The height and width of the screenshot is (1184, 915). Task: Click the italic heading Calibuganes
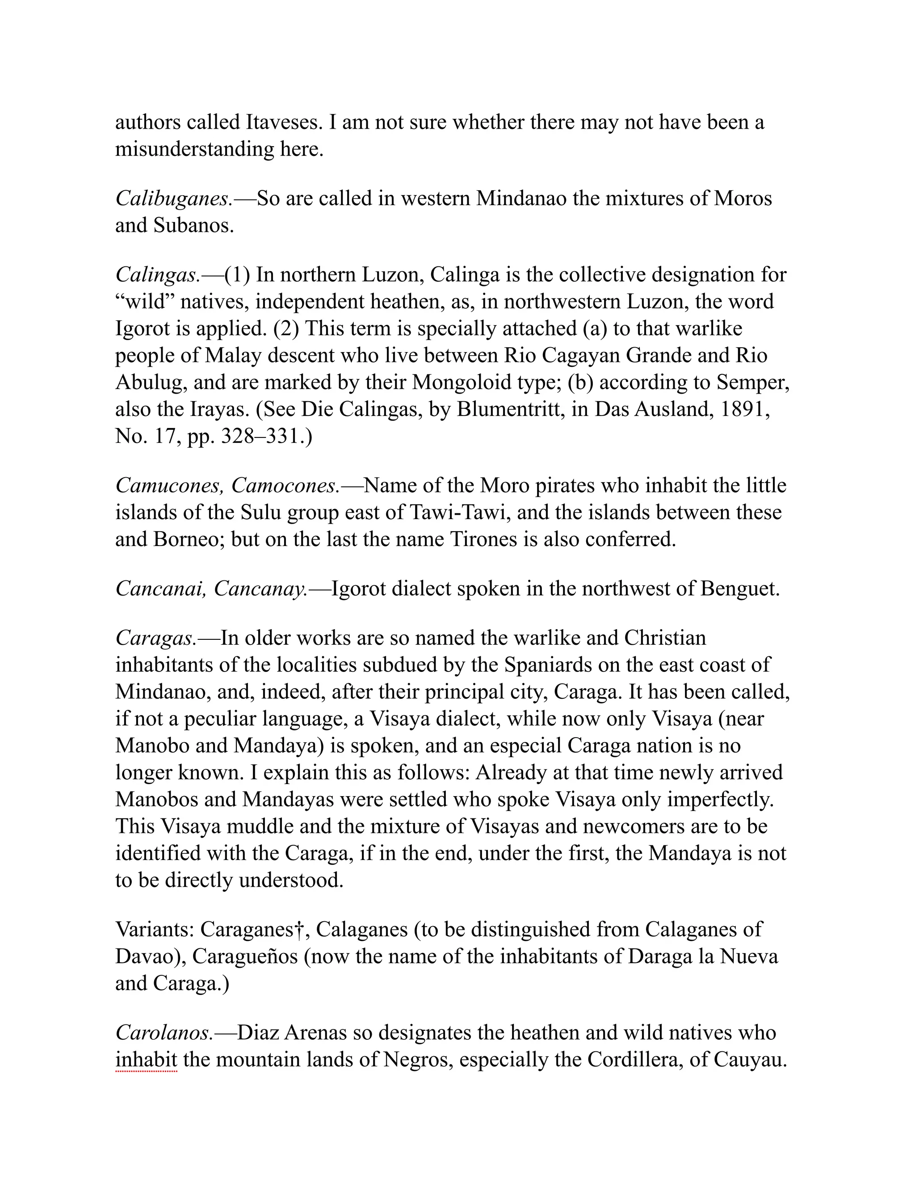pos(173,199)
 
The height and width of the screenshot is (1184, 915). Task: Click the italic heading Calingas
pos(157,275)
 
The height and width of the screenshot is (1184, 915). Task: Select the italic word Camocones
pos(285,485)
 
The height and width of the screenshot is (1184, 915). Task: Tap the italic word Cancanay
pos(260,589)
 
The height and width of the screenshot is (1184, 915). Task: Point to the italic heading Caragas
pos(155,638)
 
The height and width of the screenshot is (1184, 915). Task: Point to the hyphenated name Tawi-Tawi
pos(457,512)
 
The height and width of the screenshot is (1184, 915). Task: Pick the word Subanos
pos(193,226)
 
